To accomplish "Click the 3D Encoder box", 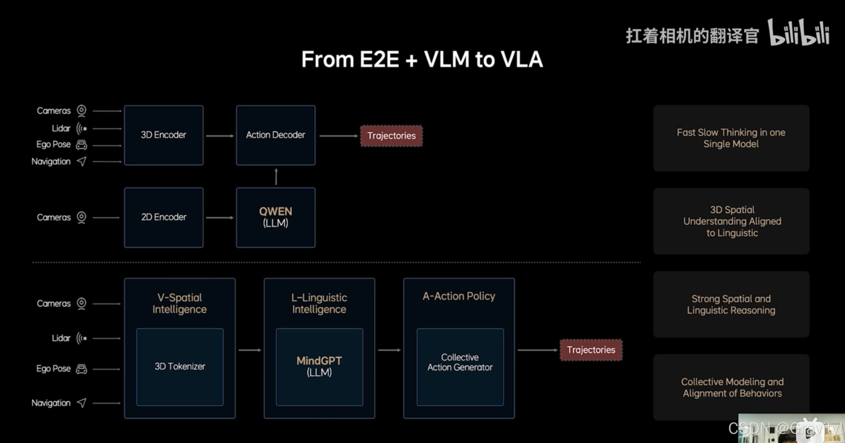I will pyautogui.click(x=164, y=135).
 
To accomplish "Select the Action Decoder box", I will pyautogui.click(x=276, y=135).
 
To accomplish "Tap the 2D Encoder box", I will pyautogui.click(x=164, y=217).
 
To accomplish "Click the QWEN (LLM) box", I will pyautogui.click(x=276, y=217).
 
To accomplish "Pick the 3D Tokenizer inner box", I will pyautogui.click(x=180, y=367).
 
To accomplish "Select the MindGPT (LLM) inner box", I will pyautogui.click(x=319, y=367).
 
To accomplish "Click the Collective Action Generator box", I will pyautogui.click(x=460, y=367).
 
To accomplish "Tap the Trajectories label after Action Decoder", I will pyautogui.click(x=391, y=136).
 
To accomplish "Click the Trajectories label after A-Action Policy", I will pyautogui.click(x=591, y=350).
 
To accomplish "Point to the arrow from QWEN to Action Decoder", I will pyautogui.click(x=276, y=176).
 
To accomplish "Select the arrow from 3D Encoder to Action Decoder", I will pyautogui.click(x=219, y=136).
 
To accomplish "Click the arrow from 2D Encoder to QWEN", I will pyautogui.click(x=219, y=217).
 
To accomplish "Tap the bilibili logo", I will pyautogui.click(x=799, y=33).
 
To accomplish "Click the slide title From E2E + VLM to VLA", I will pyautogui.click(x=422, y=59).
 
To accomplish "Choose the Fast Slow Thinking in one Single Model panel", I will pyautogui.click(x=731, y=138).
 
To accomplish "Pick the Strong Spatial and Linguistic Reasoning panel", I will pyautogui.click(x=731, y=304).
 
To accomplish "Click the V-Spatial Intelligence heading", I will pyautogui.click(x=180, y=303).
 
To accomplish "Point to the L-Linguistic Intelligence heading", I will pyautogui.click(x=319, y=303).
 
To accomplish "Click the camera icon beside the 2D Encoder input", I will pyautogui.click(x=81, y=217).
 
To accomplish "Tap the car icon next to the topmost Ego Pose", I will pyautogui.click(x=81, y=145).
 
